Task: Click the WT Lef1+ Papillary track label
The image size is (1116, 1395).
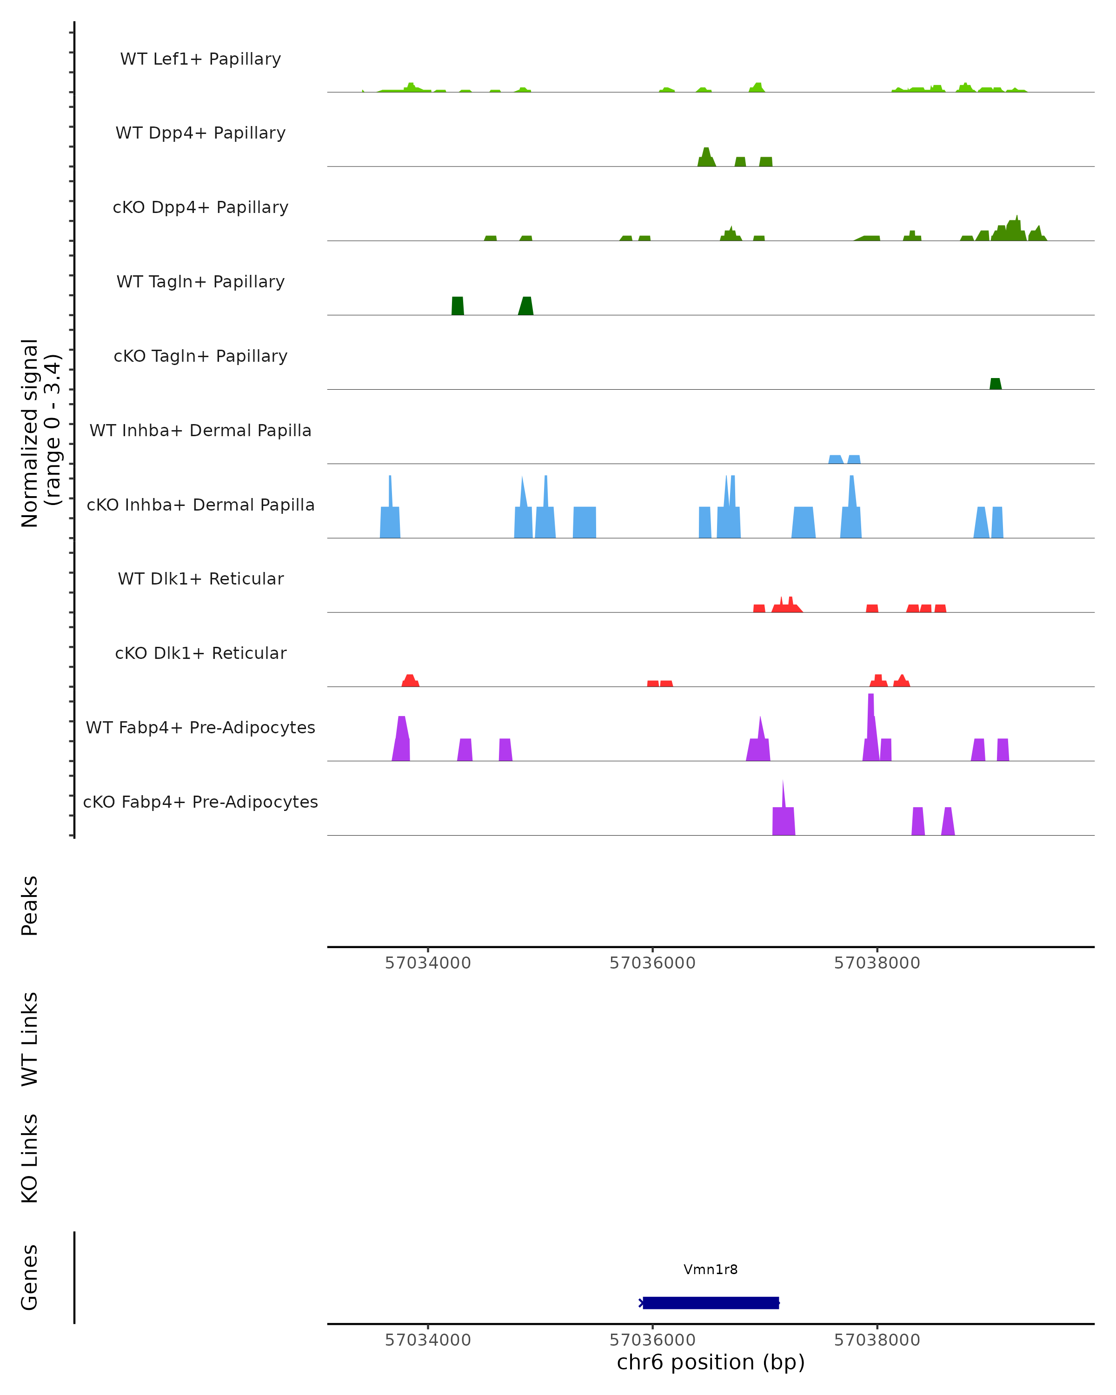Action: point(200,59)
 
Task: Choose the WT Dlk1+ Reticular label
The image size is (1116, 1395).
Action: point(200,578)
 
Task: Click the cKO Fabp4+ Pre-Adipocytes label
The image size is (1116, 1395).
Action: point(200,802)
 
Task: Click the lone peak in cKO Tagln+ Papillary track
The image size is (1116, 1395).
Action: point(995,384)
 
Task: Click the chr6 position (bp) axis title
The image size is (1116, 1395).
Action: point(711,1362)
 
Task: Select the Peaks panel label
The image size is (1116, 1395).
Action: point(30,905)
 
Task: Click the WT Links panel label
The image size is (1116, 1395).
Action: point(30,1038)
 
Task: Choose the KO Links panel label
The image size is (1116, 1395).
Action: point(30,1158)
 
